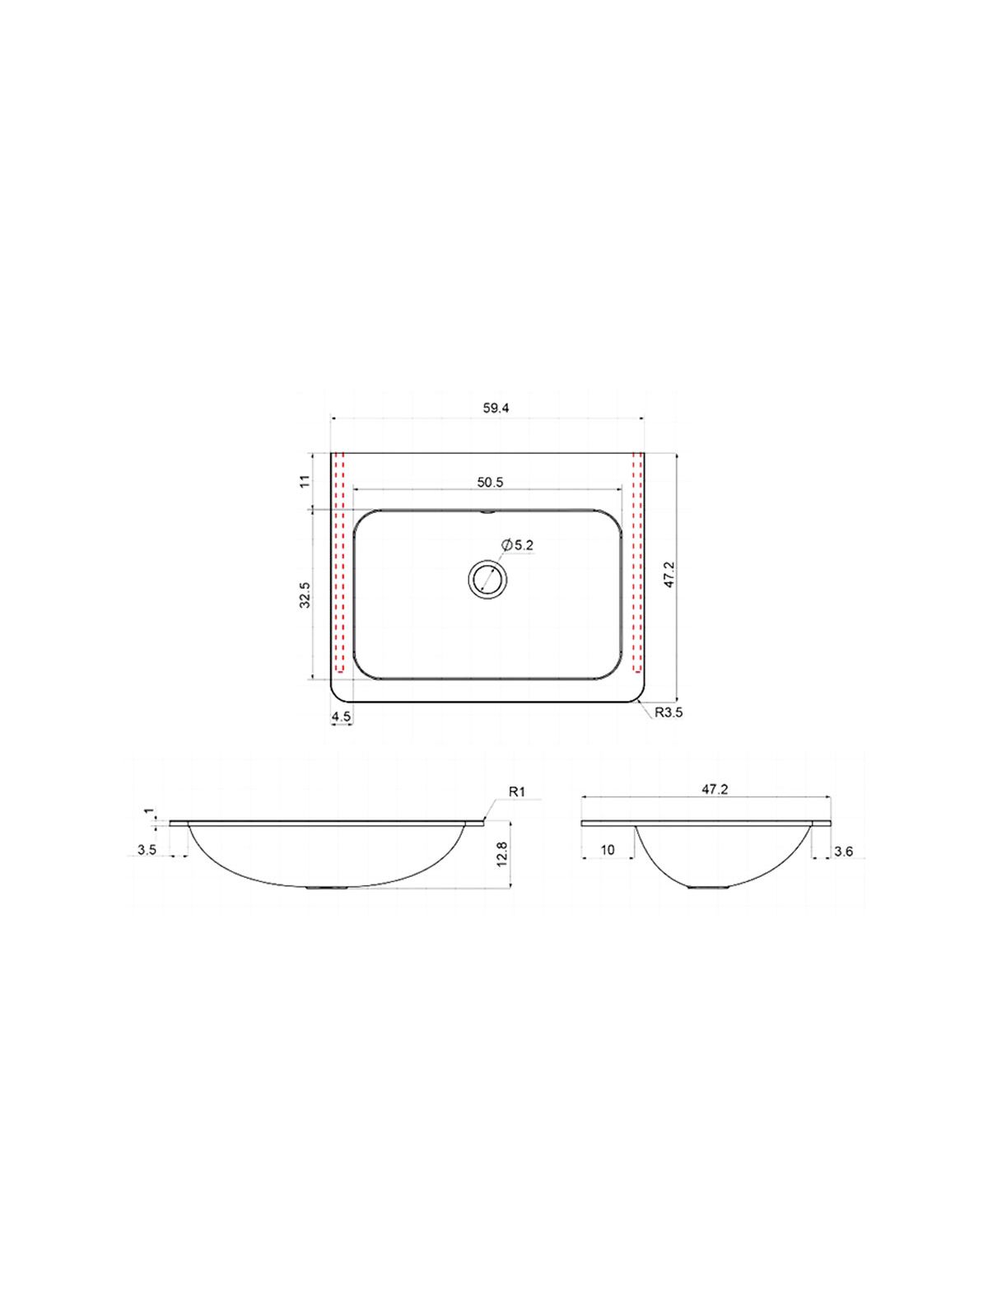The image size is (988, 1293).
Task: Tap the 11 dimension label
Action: [x=305, y=481]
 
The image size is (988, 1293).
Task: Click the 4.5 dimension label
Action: [x=342, y=716]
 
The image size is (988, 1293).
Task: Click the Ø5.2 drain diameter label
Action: [x=518, y=545]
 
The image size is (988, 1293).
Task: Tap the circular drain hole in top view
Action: [x=487, y=580]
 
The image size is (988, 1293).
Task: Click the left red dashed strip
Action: [x=339, y=562]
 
